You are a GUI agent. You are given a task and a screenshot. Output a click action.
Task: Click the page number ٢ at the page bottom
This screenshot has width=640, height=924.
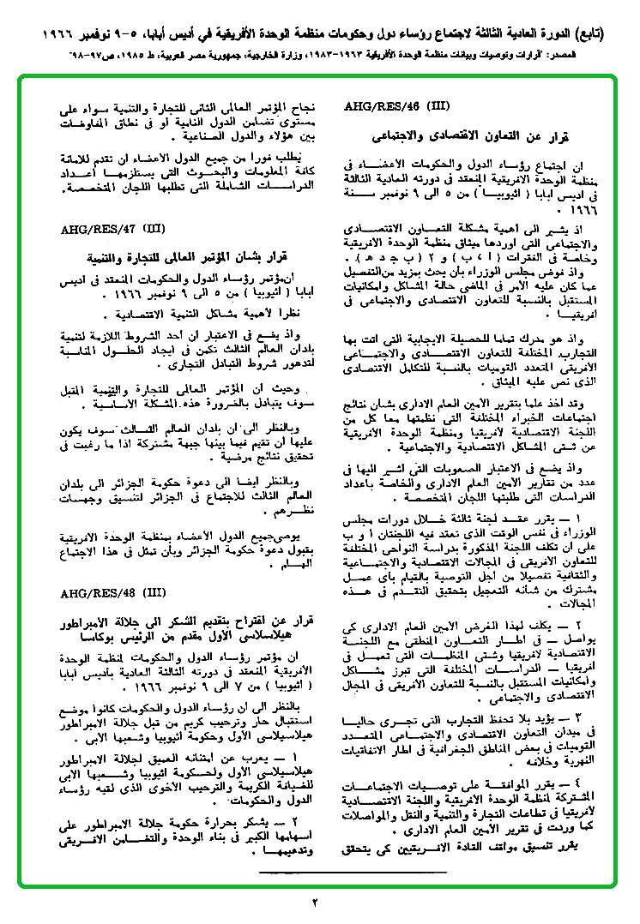(314, 902)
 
